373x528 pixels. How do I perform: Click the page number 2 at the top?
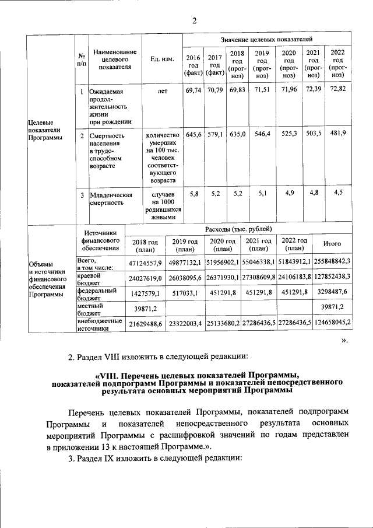pos(195,21)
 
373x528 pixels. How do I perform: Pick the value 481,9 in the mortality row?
pos(338,134)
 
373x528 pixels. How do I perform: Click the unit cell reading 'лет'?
pos(162,92)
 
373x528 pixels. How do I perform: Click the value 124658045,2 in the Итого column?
pos(330,322)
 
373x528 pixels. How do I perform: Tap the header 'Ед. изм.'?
pos(162,60)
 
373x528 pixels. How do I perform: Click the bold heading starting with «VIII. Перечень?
pos(196,383)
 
